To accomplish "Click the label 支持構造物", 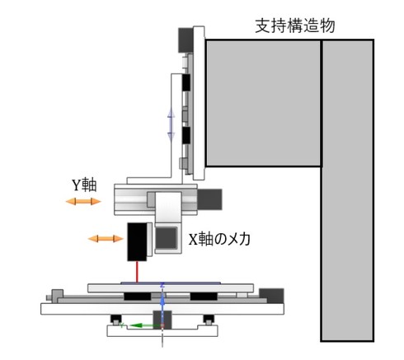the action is click(295, 26).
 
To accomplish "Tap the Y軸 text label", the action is click(84, 185).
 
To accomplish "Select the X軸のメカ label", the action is click(219, 239).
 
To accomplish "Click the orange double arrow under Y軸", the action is click(83, 202).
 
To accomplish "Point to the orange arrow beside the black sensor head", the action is click(106, 239).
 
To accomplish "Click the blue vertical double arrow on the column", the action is click(171, 124).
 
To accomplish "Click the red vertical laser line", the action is click(137, 272).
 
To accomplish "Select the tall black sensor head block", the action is click(137, 241).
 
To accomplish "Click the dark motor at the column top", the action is click(186, 40).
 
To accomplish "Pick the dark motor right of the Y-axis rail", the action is click(209, 199).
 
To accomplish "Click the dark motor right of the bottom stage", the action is click(271, 296).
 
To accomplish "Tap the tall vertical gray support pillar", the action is click(347, 190).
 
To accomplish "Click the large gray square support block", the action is click(263, 103).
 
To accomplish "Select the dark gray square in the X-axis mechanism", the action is click(166, 238).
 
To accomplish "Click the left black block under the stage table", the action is click(138, 297).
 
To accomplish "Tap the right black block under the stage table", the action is click(204, 297).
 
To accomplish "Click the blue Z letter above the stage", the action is click(162, 285).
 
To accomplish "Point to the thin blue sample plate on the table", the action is click(171, 283).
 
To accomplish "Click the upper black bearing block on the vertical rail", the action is click(186, 82).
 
